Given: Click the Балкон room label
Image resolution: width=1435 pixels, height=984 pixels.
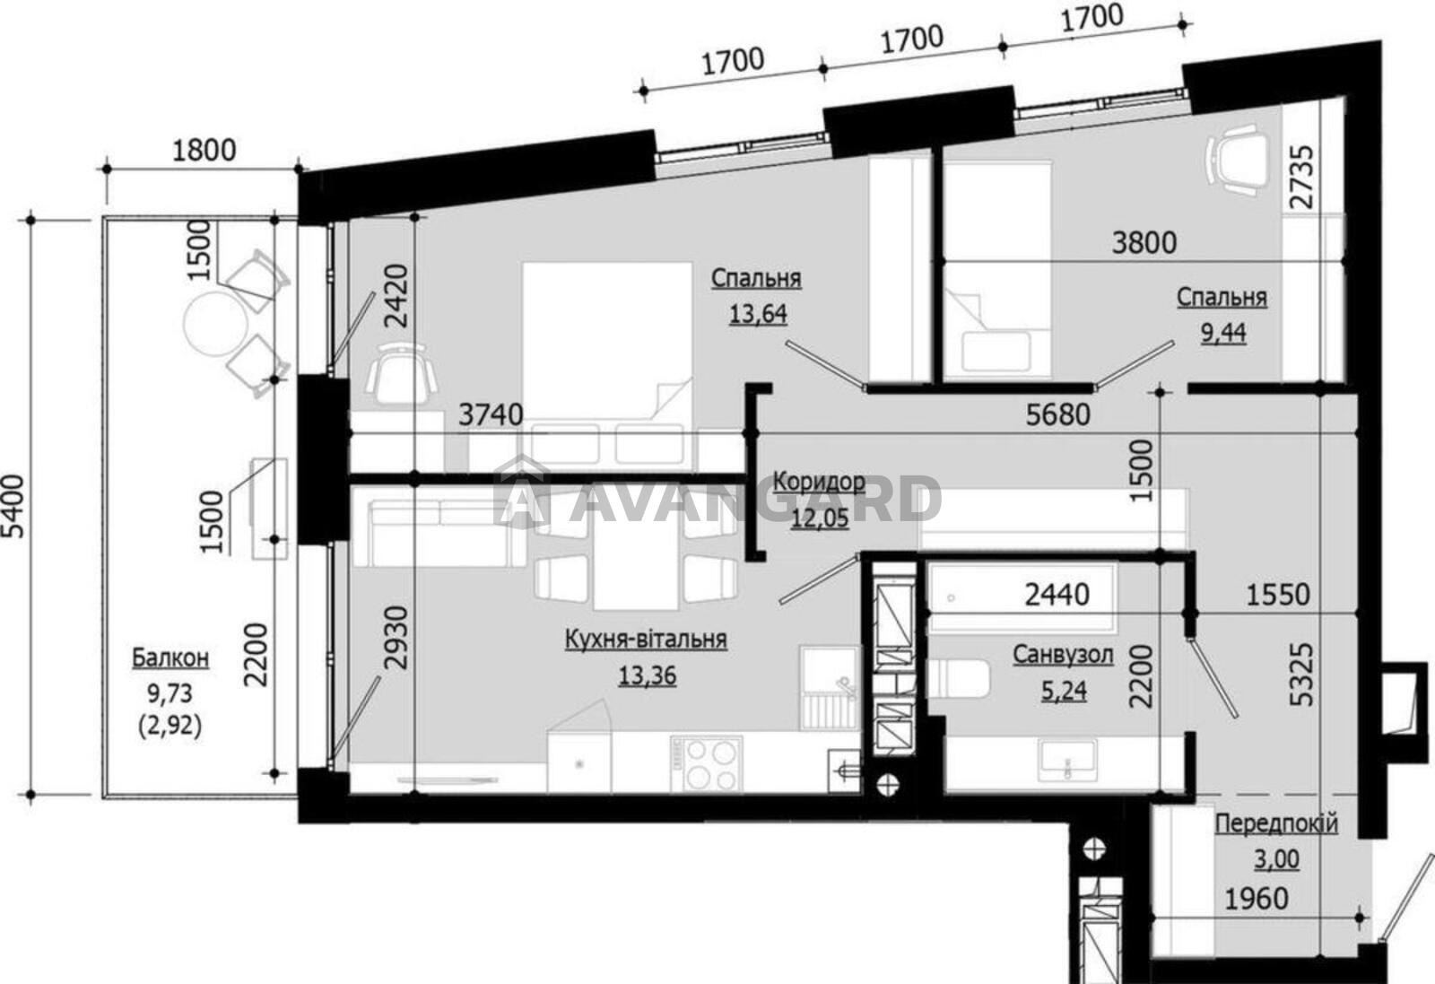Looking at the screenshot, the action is (170, 657).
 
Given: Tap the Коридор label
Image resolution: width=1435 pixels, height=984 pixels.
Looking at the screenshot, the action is (820, 481).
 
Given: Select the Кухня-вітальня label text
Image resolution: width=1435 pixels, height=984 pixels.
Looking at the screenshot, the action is (646, 639).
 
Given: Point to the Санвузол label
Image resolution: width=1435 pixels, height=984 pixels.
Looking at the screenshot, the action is (1063, 655).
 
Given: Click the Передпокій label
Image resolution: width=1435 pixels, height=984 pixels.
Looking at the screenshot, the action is (1277, 823).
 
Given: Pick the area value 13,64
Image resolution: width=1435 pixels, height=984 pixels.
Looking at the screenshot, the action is (758, 314).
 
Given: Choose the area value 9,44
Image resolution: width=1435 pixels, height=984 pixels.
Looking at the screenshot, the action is (1223, 333).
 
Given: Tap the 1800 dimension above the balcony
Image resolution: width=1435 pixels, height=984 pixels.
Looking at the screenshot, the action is (204, 151).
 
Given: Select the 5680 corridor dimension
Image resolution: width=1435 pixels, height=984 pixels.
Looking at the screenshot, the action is (1058, 414).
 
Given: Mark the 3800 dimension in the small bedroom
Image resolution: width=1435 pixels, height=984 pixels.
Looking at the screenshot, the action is (1144, 243).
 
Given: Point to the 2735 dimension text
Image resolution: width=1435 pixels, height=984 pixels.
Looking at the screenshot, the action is (1301, 186).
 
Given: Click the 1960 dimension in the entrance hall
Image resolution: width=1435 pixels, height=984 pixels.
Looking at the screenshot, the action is (1257, 899).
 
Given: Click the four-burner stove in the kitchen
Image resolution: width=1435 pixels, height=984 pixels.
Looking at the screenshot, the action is (708, 764).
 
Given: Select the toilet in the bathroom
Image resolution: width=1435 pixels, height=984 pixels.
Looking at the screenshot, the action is (958, 679).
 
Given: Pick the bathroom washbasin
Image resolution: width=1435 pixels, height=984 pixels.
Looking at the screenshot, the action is (1068, 760).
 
